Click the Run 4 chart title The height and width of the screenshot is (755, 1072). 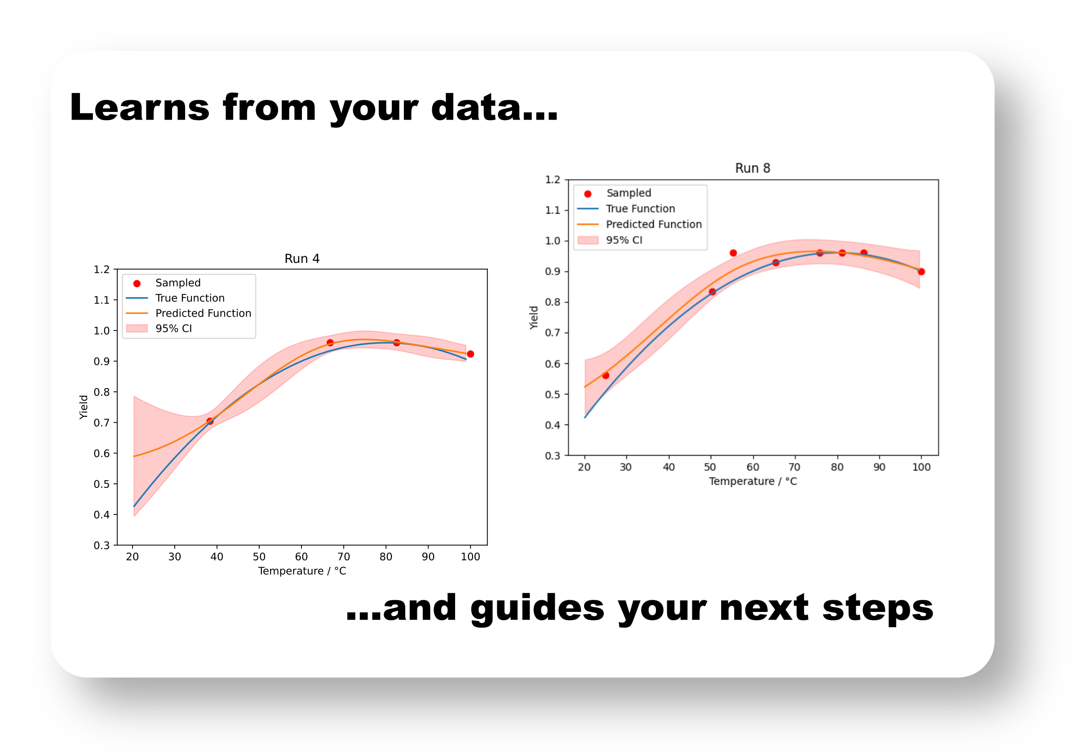[x=302, y=259]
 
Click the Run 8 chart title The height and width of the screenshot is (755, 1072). [x=753, y=168]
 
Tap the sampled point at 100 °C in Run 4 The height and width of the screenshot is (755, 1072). [x=470, y=354]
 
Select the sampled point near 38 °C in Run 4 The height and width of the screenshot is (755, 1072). [x=210, y=421]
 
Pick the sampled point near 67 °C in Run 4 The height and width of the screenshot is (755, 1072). [x=330, y=343]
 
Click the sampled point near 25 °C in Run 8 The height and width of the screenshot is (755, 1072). [x=606, y=375]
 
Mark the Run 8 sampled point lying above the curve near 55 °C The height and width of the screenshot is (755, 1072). [x=733, y=253]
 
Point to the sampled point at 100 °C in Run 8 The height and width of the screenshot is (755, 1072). [x=921, y=272]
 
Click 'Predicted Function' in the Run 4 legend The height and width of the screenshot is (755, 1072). [x=203, y=313]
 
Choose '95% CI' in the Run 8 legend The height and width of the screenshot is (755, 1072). [x=624, y=240]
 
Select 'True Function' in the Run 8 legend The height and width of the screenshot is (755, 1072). [x=640, y=209]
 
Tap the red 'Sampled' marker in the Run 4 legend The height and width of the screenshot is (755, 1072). [x=137, y=284]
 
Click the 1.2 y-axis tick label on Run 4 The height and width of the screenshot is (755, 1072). [x=102, y=269]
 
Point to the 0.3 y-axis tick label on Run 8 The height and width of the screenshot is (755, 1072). [x=552, y=456]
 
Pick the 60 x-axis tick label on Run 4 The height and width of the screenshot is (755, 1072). [x=301, y=557]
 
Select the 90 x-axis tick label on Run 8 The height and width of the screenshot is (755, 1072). [x=879, y=467]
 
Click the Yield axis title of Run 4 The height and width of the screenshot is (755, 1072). [x=84, y=407]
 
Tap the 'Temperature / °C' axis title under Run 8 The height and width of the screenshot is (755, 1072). [x=753, y=481]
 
